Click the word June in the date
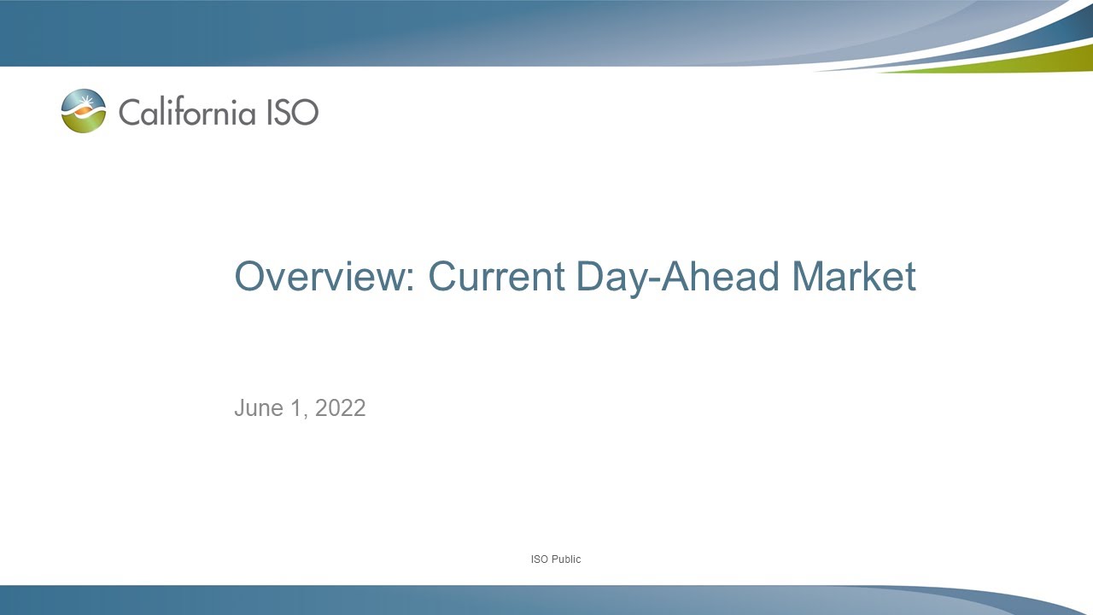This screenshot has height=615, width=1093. [x=259, y=408]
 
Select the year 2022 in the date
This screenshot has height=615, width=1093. [x=341, y=408]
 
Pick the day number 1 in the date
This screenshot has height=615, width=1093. [x=296, y=408]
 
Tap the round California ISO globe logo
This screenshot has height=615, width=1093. [x=84, y=111]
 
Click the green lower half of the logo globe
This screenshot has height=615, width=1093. [x=84, y=125]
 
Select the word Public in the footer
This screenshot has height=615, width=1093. [x=565, y=559]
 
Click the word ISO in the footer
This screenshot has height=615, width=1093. [x=539, y=559]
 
